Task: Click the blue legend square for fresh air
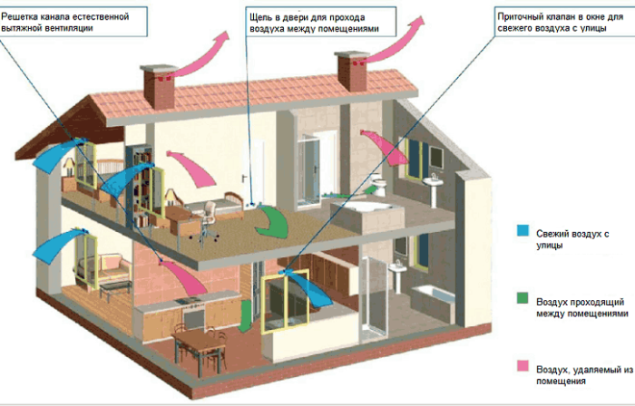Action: pos(523,230)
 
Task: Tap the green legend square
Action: pos(523,298)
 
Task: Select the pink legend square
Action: pos(523,365)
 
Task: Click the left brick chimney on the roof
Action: pos(159,86)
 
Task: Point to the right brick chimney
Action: pos(352,71)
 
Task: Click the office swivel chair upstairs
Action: pos(208,221)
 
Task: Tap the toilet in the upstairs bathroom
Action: pos(379,185)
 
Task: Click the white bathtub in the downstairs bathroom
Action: pos(433,301)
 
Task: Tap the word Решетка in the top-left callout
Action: pos(19,16)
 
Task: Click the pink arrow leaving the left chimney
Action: pos(199,56)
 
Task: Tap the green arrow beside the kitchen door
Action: pos(245,316)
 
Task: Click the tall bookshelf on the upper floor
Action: pos(140,186)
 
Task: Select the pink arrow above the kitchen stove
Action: pos(185,277)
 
